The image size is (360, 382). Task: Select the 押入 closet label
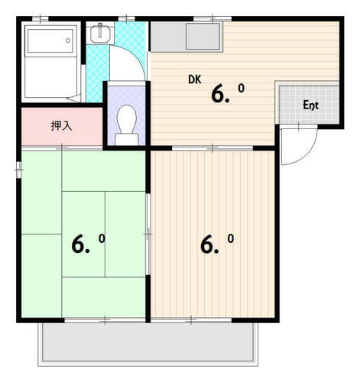click(62, 126)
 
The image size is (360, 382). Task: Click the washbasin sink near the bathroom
click(100, 34)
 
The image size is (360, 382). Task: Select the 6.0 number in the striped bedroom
click(217, 244)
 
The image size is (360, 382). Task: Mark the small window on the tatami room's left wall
click(17, 170)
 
